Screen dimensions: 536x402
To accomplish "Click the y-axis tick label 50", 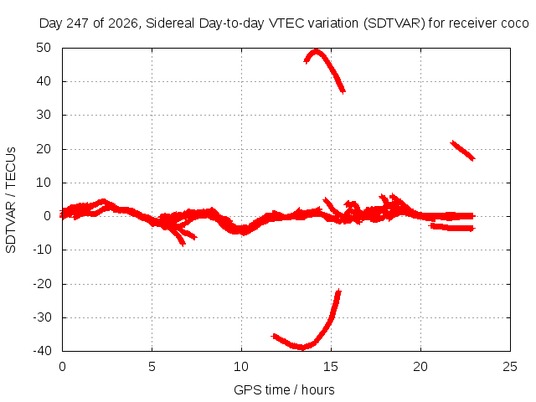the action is [x=44, y=48].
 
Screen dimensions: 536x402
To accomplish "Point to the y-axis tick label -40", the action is [x=43, y=351].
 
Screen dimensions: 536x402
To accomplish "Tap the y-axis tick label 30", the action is [x=44, y=115].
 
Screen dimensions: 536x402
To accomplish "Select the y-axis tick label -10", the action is [x=43, y=250].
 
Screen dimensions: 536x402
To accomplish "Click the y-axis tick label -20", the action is [x=43, y=283].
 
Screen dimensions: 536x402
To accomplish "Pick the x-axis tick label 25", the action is [x=510, y=367].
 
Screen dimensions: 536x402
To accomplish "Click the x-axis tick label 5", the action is [x=152, y=367].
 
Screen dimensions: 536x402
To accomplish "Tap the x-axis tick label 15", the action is [x=331, y=367].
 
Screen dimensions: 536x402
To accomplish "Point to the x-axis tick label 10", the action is [x=241, y=367].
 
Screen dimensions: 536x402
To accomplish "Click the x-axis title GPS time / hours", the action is [x=284, y=389].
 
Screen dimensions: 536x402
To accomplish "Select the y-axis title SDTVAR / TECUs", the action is [x=11, y=200].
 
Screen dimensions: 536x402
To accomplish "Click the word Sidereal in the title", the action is [x=170, y=23].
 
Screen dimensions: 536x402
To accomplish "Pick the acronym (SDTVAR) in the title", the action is [x=394, y=23].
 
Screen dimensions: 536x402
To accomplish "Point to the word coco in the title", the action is [x=515, y=23].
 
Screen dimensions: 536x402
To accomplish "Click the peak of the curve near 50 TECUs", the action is [x=316, y=52].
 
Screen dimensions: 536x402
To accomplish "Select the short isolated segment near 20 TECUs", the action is [x=463, y=151].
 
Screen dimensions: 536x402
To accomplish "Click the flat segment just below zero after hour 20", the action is [x=452, y=227].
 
